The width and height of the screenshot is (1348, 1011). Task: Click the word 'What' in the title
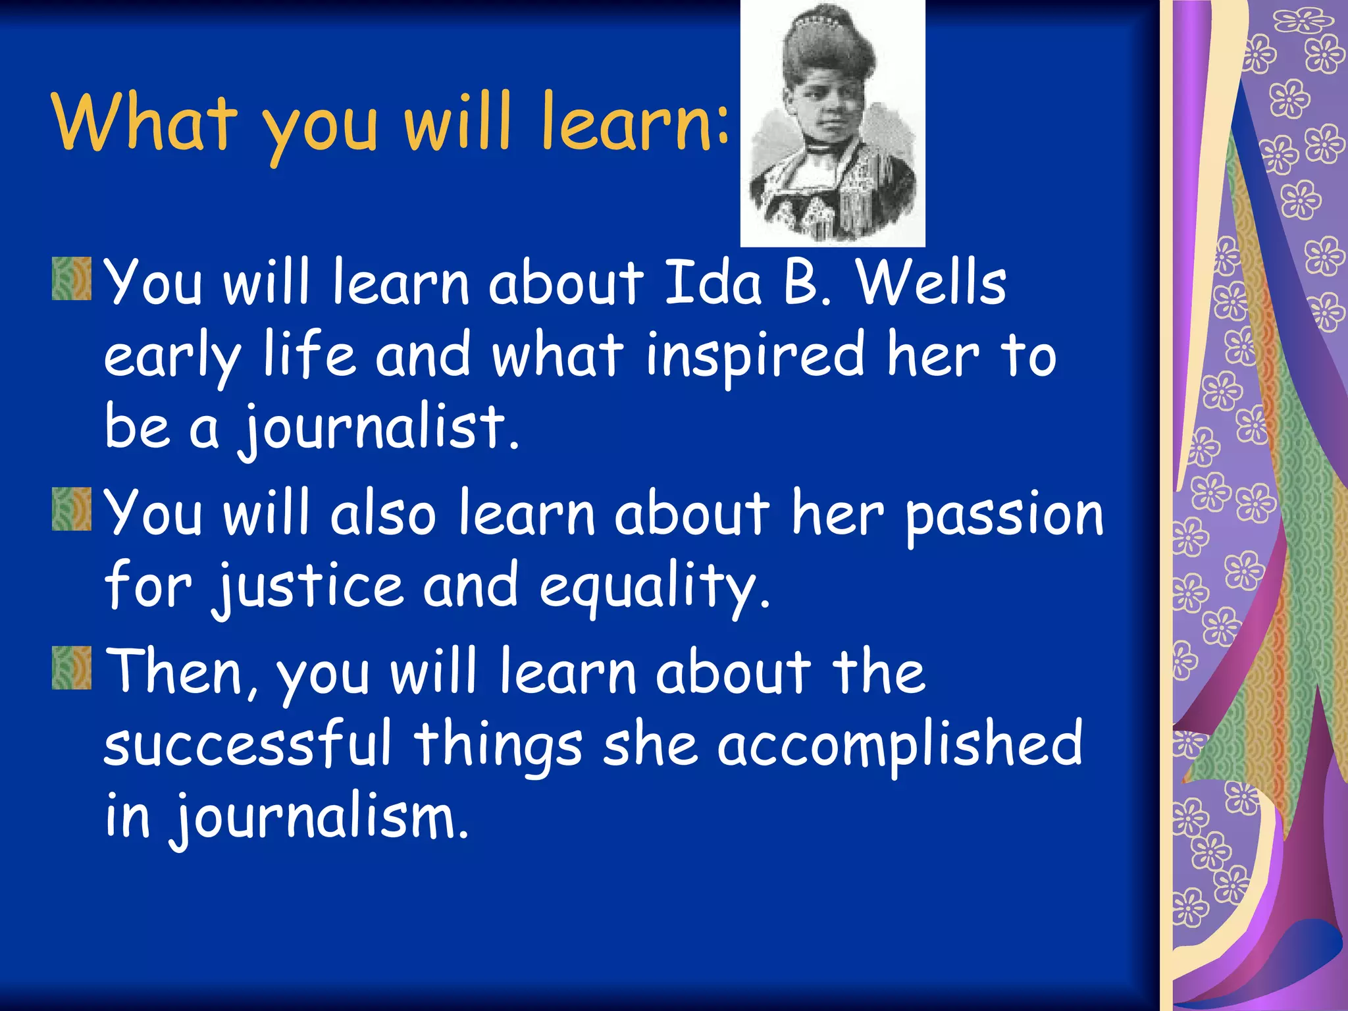click(143, 122)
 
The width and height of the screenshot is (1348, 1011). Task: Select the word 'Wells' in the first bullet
click(931, 283)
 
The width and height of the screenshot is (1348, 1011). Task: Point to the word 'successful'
click(247, 744)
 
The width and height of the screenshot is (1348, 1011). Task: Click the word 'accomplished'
click(899, 744)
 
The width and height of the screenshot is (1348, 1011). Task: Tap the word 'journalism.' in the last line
click(320, 817)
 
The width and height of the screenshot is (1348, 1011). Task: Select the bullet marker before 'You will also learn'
click(72, 509)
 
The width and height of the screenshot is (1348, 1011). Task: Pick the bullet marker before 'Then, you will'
click(72, 668)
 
